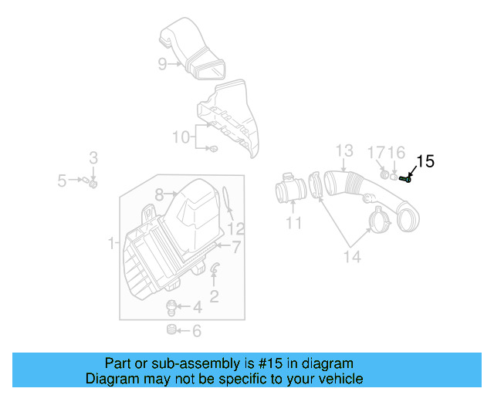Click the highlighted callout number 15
[426, 161]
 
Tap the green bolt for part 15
[406, 181]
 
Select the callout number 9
[162, 64]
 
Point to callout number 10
[181, 137]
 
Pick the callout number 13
[343, 150]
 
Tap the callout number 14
[351, 257]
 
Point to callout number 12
[236, 229]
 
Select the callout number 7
[237, 247]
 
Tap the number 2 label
[214, 295]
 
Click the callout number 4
[197, 307]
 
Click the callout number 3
[93, 158]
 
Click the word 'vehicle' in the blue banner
[337, 379]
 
